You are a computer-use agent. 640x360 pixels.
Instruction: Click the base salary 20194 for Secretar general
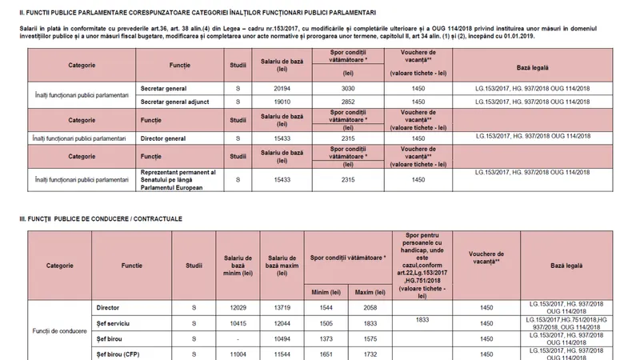pyautogui.click(x=280, y=88)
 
